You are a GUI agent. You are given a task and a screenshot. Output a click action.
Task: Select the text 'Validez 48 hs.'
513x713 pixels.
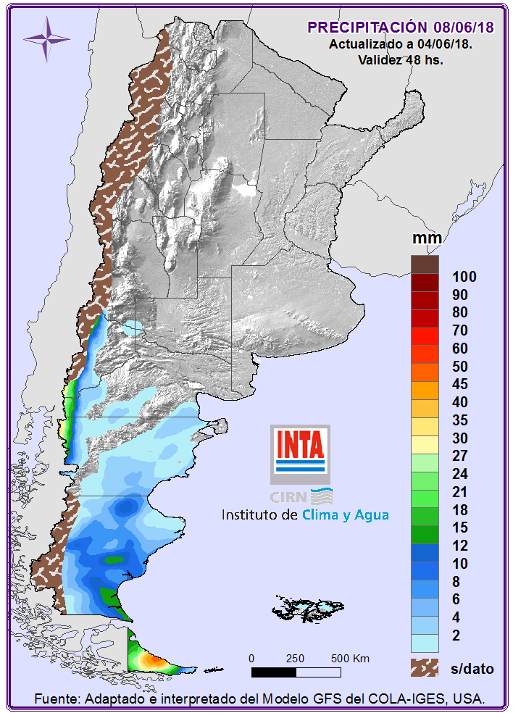click(x=401, y=60)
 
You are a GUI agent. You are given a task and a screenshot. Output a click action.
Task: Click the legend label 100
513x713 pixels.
click(x=464, y=277)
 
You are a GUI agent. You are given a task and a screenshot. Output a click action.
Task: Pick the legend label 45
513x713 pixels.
click(x=459, y=384)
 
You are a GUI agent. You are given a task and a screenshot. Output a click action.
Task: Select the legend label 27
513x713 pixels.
click(x=459, y=456)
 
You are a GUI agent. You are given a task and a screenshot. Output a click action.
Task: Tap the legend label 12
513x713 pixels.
click(x=459, y=546)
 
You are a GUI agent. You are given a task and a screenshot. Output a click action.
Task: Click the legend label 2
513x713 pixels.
click(x=456, y=635)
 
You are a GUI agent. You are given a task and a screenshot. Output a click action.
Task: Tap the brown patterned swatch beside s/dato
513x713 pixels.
click(x=425, y=667)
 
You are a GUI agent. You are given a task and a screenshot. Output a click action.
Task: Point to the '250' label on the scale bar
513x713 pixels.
click(x=295, y=659)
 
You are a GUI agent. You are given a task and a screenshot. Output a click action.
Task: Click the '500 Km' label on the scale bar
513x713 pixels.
click(x=350, y=659)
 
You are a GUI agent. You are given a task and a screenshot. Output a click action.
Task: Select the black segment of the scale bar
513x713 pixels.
click(x=273, y=672)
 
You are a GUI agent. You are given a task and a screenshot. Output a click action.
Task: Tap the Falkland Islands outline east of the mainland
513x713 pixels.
click(x=303, y=606)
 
